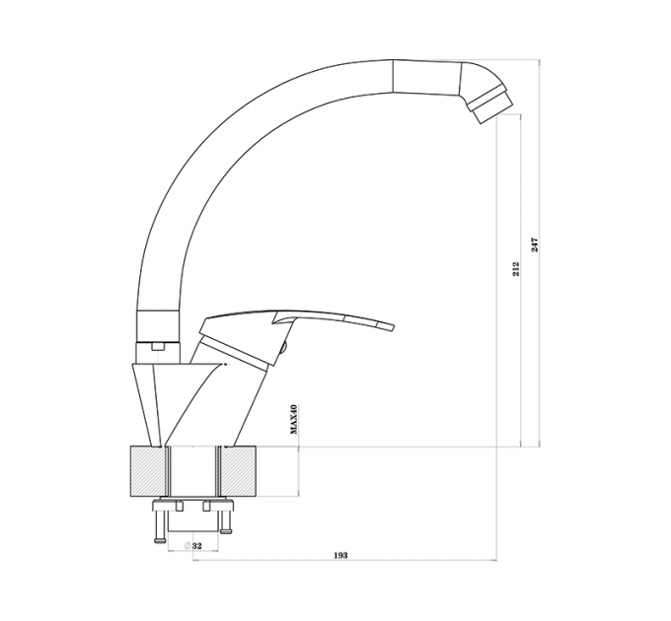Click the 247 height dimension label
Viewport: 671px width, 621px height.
[x=535, y=244]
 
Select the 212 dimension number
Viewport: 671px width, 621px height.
[x=516, y=268]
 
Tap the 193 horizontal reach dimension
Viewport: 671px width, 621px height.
[x=340, y=555]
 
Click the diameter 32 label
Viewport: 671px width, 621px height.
[x=192, y=546]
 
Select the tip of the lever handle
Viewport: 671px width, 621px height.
[x=393, y=326]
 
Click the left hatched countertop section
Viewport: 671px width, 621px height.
[x=147, y=471]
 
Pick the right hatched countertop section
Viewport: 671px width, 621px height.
[x=239, y=471]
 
